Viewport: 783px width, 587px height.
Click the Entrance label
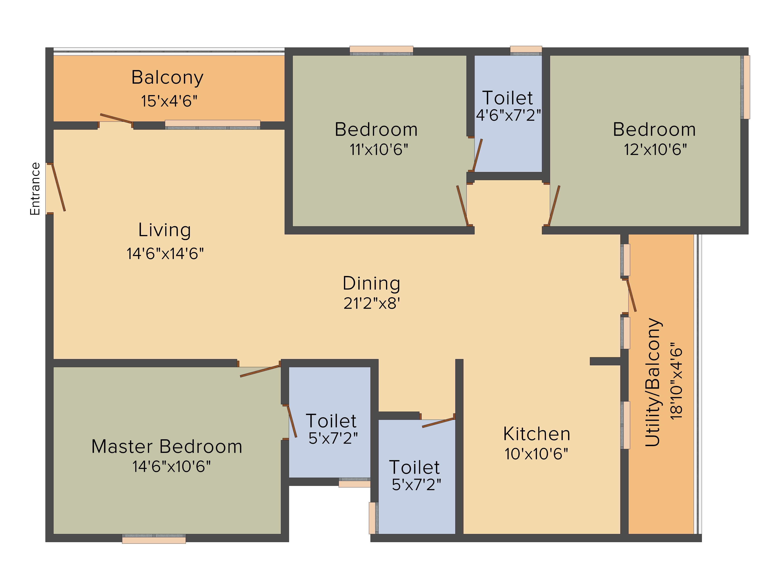[x=35, y=189]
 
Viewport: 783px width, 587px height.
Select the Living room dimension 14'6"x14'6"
[x=165, y=254]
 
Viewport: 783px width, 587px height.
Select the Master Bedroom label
[x=167, y=447]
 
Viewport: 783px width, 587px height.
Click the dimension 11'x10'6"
[x=379, y=150]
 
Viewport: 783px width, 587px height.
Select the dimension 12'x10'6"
[x=655, y=150]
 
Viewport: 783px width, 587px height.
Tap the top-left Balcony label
[x=167, y=77]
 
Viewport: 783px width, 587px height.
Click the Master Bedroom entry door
[x=260, y=371]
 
